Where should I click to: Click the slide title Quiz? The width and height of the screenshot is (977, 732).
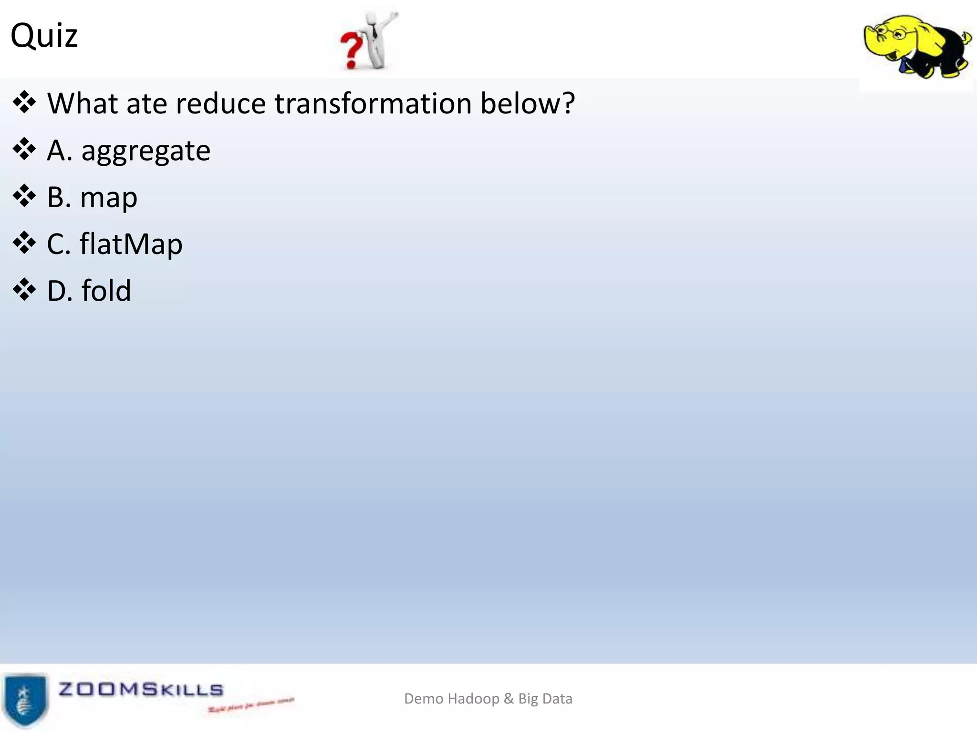tap(44, 36)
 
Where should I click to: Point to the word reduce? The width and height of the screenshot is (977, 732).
tap(220, 103)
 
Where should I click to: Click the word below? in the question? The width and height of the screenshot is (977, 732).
tap(528, 103)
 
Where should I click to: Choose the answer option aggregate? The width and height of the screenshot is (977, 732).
tap(146, 151)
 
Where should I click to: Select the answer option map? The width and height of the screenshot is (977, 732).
tap(109, 198)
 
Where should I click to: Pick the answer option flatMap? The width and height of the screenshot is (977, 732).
tap(131, 244)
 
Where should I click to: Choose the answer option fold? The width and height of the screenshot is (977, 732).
tap(106, 291)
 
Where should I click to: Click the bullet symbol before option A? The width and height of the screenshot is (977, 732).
tap(24, 150)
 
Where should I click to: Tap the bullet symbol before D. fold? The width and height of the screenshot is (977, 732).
tap(24, 290)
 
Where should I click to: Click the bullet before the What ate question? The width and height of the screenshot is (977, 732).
tap(24, 103)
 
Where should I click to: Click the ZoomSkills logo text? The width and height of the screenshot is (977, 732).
tap(141, 689)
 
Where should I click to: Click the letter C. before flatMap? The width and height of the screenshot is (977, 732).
tap(59, 244)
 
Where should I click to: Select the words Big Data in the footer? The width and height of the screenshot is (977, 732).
tap(545, 699)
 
